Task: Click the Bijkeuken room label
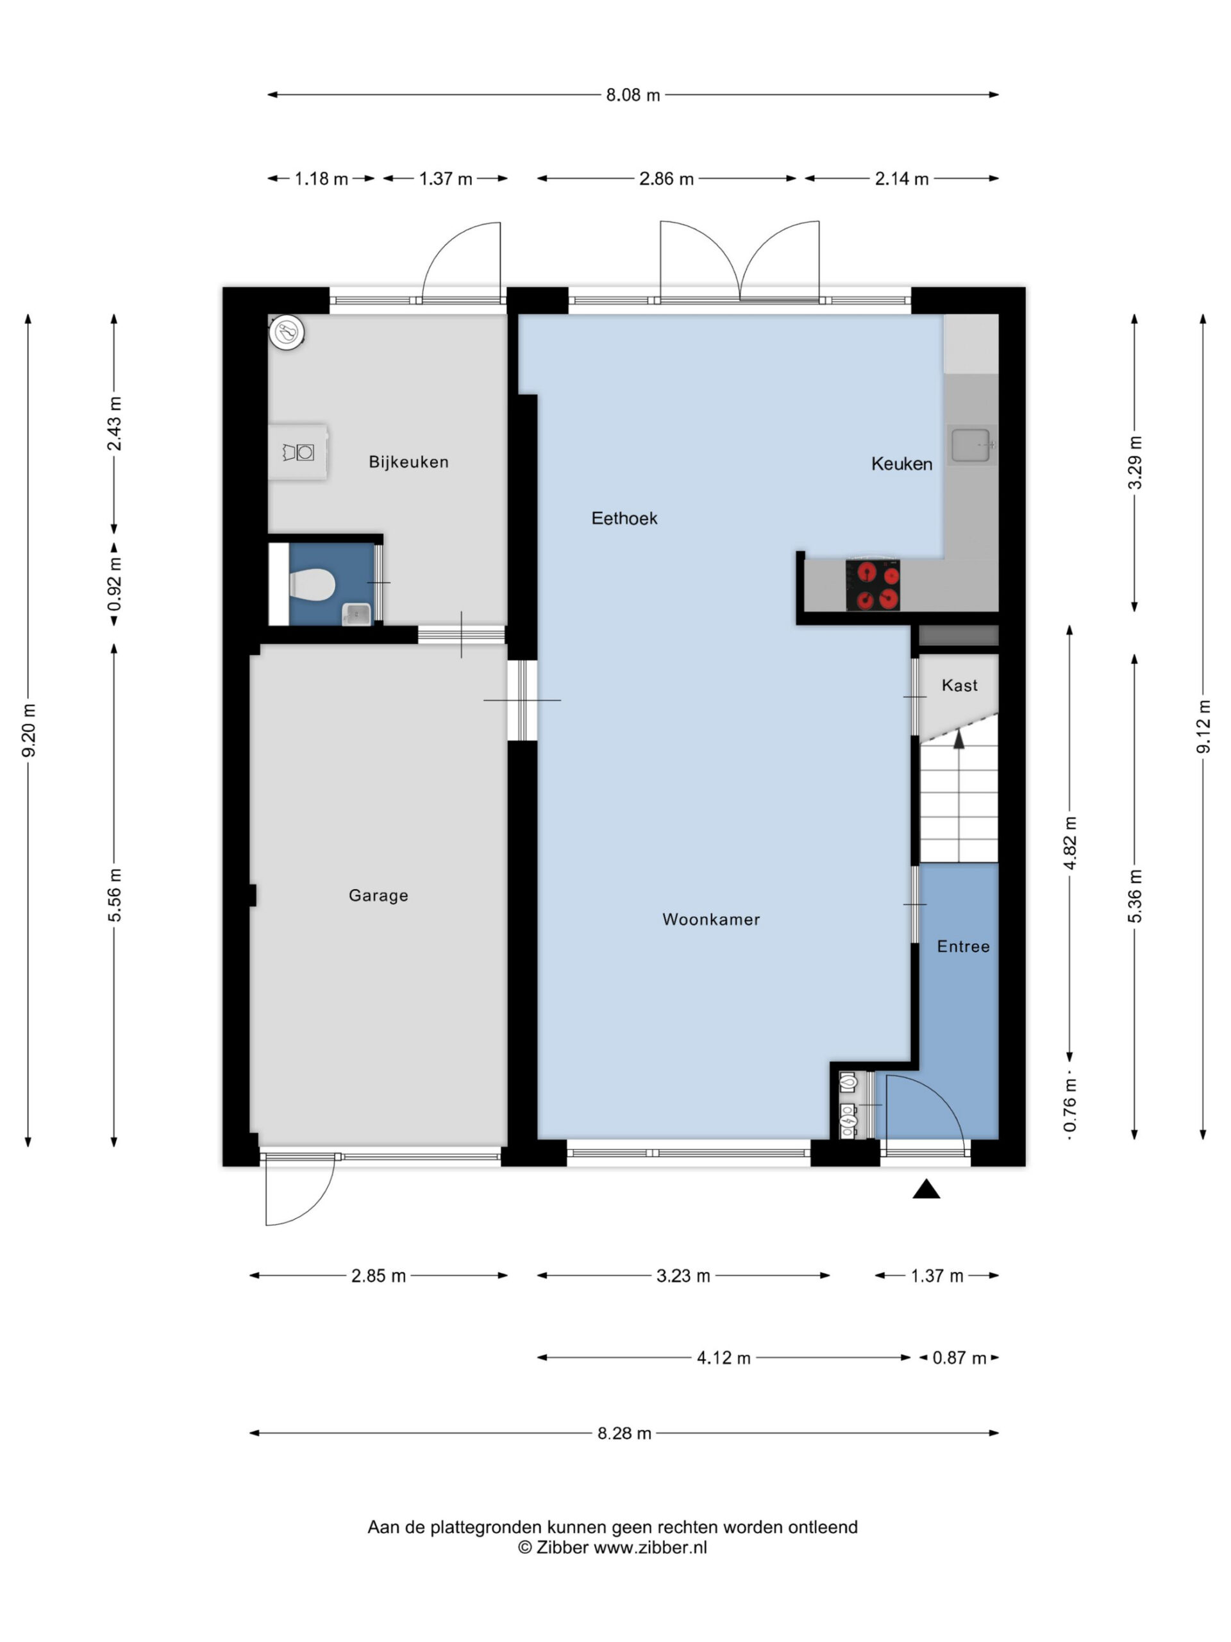click(408, 462)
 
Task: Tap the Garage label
click(378, 895)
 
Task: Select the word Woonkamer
click(711, 919)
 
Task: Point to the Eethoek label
click(624, 518)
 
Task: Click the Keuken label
click(901, 464)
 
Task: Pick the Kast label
click(959, 685)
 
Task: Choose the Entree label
click(963, 947)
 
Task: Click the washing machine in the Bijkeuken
click(298, 452)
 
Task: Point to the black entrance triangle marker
click(926, 1189)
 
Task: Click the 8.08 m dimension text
click(633, 95)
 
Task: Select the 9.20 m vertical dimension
click(28, 731)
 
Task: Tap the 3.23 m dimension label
click(683, 1275)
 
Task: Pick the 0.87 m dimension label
click(959, 1358)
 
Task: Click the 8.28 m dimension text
click(624, 1434)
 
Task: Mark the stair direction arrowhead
click(959, 739)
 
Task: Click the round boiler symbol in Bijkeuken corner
click(287, 332)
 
